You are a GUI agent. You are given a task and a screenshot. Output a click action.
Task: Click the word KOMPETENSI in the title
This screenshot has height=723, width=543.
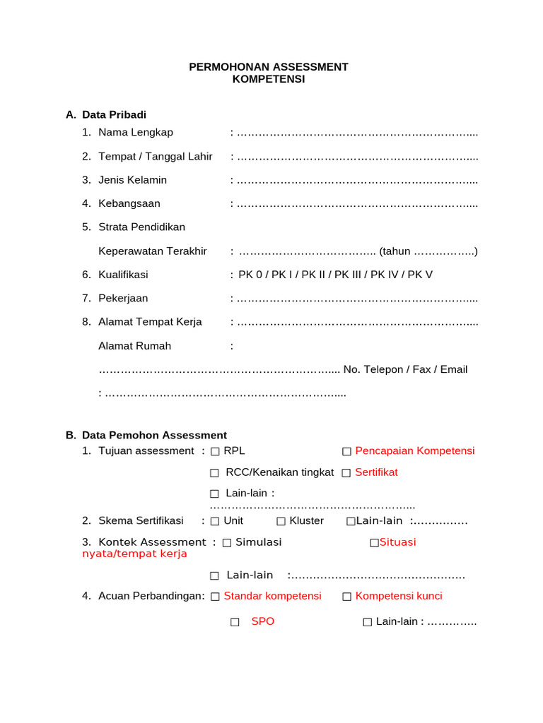click(x=269, y=79)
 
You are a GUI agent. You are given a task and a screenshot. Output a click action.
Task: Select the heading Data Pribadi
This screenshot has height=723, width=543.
click(x=114, y=114)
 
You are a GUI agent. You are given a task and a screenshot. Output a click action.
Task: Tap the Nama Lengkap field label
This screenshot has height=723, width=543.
click(x=136, y=133)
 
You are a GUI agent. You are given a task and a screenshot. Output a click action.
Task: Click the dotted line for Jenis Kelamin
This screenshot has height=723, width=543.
click(x=357, y=180)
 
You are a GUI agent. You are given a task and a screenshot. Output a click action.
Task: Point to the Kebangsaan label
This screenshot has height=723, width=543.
click(x=129, y=204)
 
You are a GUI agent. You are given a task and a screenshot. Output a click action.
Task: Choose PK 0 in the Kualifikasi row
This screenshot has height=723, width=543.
click(x=250, y=275)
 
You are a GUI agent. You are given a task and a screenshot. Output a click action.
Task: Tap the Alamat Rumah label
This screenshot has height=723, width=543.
click(x=134, y=346)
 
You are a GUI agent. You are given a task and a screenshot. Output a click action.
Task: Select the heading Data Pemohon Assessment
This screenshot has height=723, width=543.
click(x=154, y=436)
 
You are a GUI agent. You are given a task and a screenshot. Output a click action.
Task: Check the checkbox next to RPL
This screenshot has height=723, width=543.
click(x=215, y=451)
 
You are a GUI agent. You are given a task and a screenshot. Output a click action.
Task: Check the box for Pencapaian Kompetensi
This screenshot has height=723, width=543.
click(x=346, y=451)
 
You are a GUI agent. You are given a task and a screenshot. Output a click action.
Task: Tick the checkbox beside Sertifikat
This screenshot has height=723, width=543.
click(x=346, y=472)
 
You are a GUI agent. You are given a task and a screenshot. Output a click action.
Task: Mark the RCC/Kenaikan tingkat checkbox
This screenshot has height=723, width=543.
click(x=215, y=472)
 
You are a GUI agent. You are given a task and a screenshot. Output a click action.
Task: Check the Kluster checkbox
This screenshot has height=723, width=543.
click(x=281, y=521)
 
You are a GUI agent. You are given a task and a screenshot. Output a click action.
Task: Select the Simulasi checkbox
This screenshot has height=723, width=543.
click(x=226, y=542)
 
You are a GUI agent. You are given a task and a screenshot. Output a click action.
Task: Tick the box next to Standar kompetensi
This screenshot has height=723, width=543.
click(x=215, y=596)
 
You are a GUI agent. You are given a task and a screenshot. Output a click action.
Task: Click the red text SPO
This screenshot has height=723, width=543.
click(x=262, y=622)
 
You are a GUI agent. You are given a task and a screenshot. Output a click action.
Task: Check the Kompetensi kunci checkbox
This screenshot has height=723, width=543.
click(x=346, y=596)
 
